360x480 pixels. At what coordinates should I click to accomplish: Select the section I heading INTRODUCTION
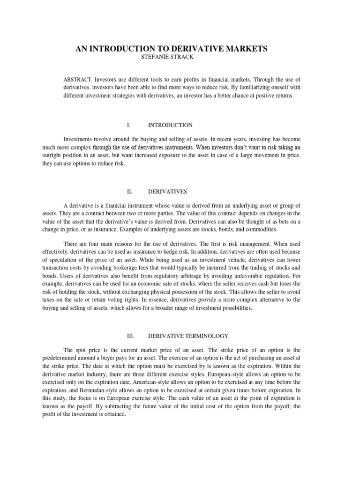(x=170, y=125)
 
